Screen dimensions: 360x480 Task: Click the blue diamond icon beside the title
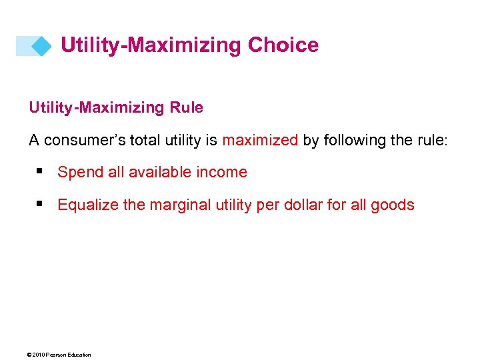(x=41, y=46)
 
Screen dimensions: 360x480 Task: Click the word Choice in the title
(x=283, y=45)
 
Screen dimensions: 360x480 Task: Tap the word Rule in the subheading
(x=186, y=107)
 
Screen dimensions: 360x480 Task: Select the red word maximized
(x=260, y=140)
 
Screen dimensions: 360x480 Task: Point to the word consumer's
(x=83, y=140)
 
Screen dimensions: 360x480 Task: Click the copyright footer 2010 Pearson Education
(x=60, y=355)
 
